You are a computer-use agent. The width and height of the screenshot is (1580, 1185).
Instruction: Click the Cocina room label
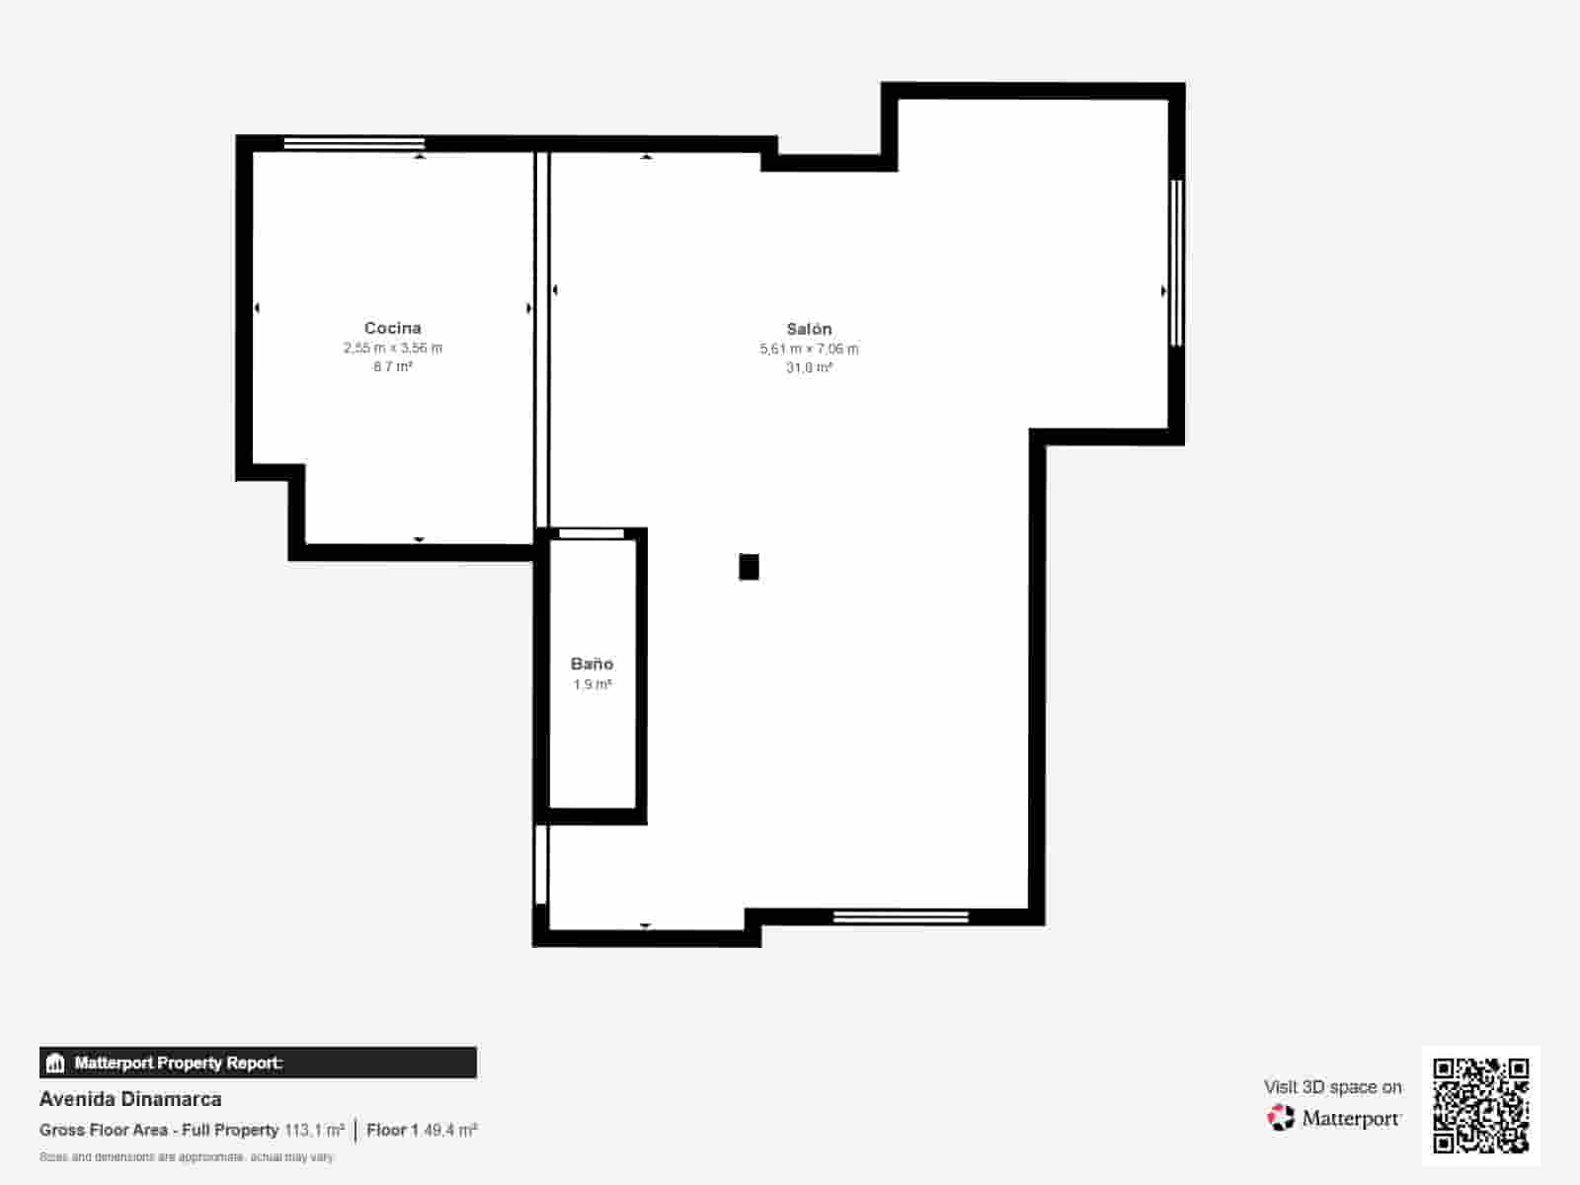pos(392,328)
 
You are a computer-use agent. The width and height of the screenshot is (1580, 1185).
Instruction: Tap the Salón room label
pos(809,329)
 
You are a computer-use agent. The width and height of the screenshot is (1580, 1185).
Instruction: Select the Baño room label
pos(592,664)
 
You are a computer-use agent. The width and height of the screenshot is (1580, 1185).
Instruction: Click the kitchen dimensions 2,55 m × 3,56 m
pos(392,348)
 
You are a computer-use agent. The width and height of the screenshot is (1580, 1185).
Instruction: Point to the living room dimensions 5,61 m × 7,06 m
pos(809,349)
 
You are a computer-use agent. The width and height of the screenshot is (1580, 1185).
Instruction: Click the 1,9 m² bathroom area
pos(592,684)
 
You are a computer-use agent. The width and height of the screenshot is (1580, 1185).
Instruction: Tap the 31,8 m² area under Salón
pos(809,367)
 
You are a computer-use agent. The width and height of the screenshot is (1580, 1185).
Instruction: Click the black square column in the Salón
pos(749,567)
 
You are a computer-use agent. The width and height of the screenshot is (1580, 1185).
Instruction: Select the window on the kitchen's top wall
pos(354,144)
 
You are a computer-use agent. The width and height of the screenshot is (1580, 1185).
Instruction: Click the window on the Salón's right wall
pos(1175,263)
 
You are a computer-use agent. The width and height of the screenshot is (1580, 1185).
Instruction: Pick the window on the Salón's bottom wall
pos(901,917)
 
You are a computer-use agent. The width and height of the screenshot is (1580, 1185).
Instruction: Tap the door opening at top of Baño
pos(592,534)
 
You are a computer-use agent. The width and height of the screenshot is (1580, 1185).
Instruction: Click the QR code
pos(1480,1105)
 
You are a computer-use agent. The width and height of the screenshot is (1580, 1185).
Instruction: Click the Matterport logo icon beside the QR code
pos(1281,1118)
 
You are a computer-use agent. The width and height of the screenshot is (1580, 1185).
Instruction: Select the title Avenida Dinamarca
pos(130,1099)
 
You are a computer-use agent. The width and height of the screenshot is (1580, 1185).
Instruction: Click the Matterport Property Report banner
pos(258,1063)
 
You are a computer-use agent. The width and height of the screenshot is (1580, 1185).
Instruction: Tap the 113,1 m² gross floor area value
pos(314,1130)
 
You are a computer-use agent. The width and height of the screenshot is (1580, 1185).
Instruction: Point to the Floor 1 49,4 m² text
pos(422,1130)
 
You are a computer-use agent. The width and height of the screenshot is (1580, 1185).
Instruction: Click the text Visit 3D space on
pos(1332,1087)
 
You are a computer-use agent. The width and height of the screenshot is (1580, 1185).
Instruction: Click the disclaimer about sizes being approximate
pos(187,1156)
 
